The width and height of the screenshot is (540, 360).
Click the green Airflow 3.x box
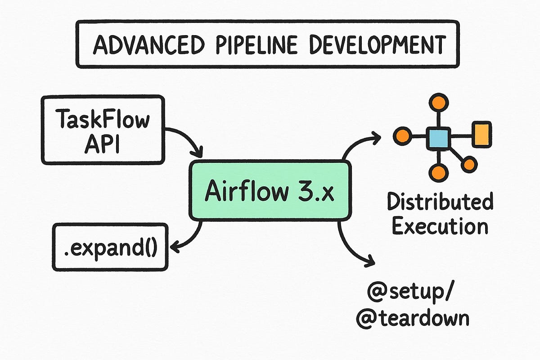tap(269, 191)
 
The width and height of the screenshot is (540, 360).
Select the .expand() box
tap(110, 247)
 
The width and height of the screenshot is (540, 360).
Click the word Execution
tap(440, 226)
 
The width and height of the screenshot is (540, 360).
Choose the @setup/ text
tap(411, 294)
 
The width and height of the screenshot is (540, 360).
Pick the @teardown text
tap(412, 318)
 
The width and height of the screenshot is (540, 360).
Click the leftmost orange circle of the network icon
tap(402, 136)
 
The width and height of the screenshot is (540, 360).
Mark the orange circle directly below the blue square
tap(438, 172)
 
